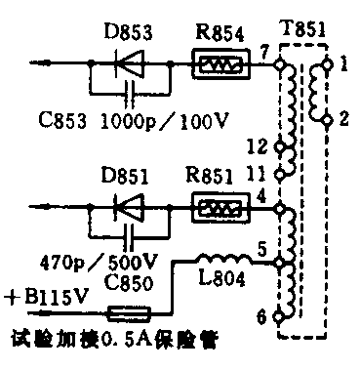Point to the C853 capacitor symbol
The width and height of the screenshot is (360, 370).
[x=126, y=97]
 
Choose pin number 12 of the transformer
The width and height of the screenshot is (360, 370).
[x=256, y=145]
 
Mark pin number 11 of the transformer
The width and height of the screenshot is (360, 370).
[x=256, y=174]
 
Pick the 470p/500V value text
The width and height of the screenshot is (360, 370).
[x=87, y=261]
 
